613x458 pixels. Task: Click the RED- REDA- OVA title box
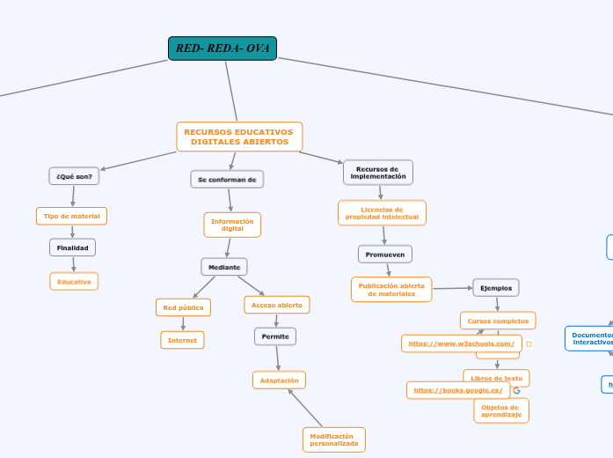click(223, 48)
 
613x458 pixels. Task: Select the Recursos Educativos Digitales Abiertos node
click(239, 137)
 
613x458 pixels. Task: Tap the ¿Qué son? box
click(74, 176)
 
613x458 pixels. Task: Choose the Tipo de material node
click(71, 216)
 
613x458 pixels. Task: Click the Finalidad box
click(72, 247)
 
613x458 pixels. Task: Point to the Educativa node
click(74, 281)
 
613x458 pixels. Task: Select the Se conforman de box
click(227, 179)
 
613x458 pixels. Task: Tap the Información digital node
click(232, 225)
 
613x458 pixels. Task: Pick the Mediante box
click(224, 266)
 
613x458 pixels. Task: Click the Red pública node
click(183, 307)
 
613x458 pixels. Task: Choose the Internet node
click(182, 340)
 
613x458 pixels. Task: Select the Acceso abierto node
click(276, 305)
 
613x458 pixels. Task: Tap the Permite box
click(275, 336)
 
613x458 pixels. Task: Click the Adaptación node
click(279, 380)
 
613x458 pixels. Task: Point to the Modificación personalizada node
click(333, 440)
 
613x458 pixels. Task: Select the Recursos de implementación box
click(378, 172)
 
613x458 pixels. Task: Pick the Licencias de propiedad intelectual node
click(382, 212)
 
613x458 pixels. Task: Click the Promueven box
click(385, 254)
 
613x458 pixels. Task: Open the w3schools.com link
click(462, 343)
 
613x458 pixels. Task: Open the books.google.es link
click(457, 390)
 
